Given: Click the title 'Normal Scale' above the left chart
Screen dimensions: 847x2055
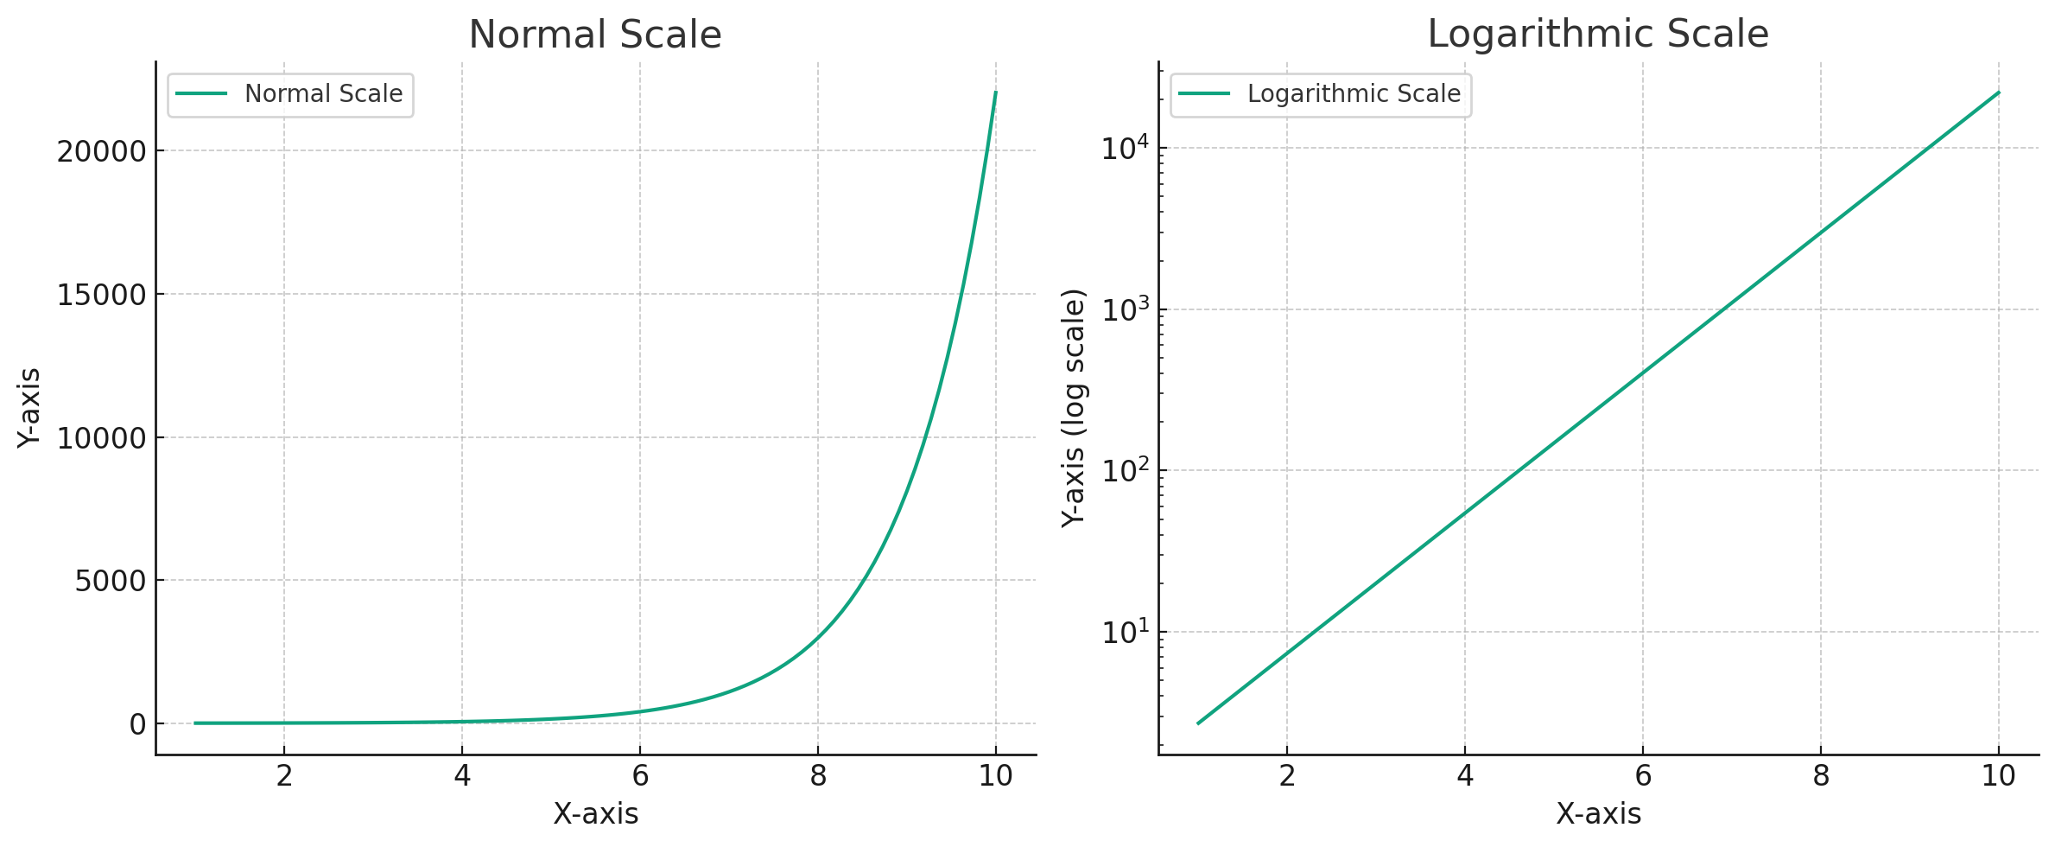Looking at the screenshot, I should tap(594, 35).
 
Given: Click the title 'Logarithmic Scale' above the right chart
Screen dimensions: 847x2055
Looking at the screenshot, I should tap(1597, 35).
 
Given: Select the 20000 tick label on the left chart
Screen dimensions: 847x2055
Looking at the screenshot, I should tap(102, 152).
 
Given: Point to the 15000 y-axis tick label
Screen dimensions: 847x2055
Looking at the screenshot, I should tap(102, 296).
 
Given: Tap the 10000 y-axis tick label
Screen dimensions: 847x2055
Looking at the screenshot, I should tap(102, 439).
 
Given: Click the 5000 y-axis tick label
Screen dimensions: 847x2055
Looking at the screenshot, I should tap(111, 582).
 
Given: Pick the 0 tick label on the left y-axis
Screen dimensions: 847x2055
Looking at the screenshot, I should tap(138, 725).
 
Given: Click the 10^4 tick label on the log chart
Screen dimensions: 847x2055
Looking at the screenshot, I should tap(1125, 149).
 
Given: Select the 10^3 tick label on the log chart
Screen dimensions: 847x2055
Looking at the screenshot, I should tap(1125, 309).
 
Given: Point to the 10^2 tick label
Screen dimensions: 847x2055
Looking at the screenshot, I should tap(1125, 471).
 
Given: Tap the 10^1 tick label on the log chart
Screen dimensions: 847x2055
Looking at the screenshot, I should tap(1125, 633).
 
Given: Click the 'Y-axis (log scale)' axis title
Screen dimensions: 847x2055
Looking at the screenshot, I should tap(1074, 408).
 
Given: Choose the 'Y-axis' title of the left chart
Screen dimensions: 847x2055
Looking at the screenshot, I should tap(29, 408).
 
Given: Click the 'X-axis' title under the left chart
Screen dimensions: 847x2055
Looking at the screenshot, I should tap(595, 814).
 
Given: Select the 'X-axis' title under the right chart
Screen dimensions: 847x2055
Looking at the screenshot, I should tap(1598, 814).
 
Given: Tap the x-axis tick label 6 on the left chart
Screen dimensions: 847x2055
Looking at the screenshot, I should tap(640, 776).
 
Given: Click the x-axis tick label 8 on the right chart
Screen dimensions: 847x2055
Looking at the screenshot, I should tap(1821, 776).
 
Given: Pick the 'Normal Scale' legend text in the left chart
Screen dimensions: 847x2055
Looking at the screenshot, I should tap(323, 94).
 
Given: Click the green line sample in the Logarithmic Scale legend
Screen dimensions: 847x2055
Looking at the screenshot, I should tap(1204, 94).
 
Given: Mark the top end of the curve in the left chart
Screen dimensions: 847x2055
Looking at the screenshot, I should tap(995, 92).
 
